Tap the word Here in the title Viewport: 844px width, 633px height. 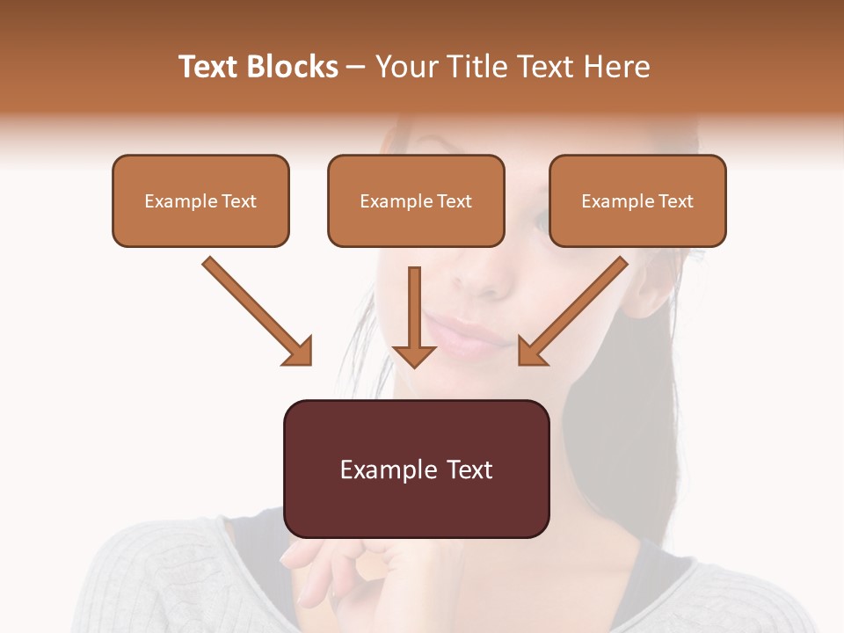[616, 67]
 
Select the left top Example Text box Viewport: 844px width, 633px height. [200, 200]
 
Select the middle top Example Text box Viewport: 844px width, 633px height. [416, 200]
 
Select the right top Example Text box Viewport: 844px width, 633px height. [637, 200]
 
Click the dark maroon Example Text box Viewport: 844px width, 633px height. [416, 469]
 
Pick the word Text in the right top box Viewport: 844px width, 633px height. [675, 201]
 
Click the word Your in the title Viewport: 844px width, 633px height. [404, 67]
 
